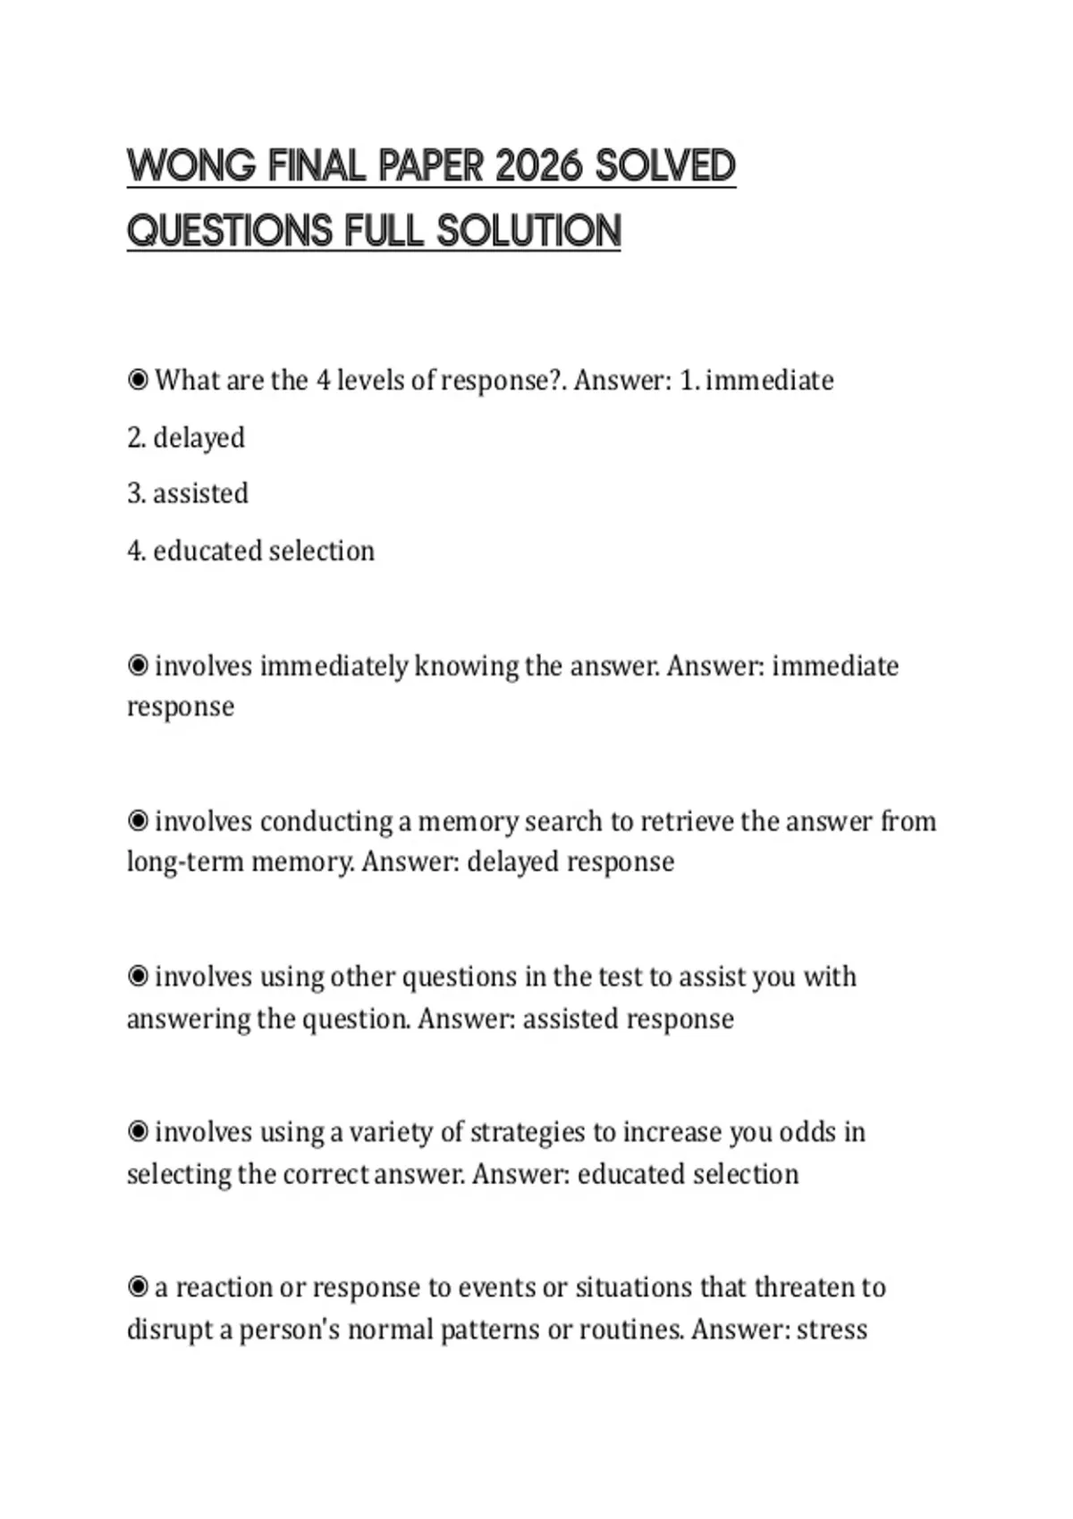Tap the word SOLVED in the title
665,166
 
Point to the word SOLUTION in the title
528,231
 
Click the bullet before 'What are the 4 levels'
138,381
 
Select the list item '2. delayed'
186,438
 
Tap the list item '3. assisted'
188,493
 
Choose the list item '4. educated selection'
250,550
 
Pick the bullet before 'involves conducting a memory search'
138,821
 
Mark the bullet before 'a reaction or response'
138,1288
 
